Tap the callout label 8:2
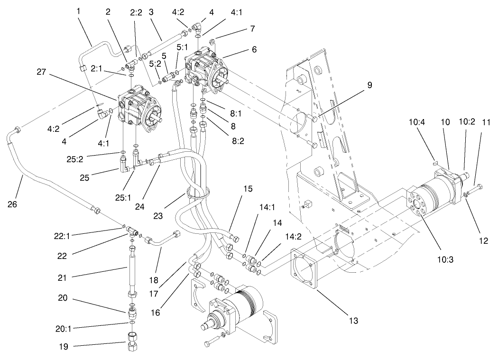point(225,129)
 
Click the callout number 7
point(252,28)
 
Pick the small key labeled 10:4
point(436,162)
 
